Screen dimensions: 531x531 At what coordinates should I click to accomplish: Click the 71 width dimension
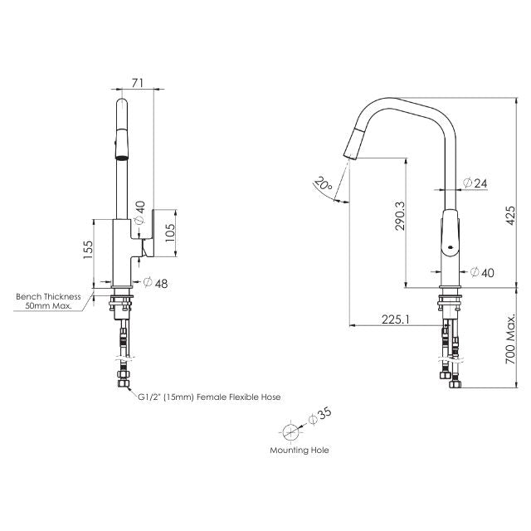pos(139,82)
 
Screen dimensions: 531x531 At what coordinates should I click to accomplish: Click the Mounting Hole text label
pos(299,450)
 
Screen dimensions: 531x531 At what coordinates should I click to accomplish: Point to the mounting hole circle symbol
pos(290,431)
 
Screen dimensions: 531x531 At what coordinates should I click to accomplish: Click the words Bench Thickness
pos(48,296)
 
